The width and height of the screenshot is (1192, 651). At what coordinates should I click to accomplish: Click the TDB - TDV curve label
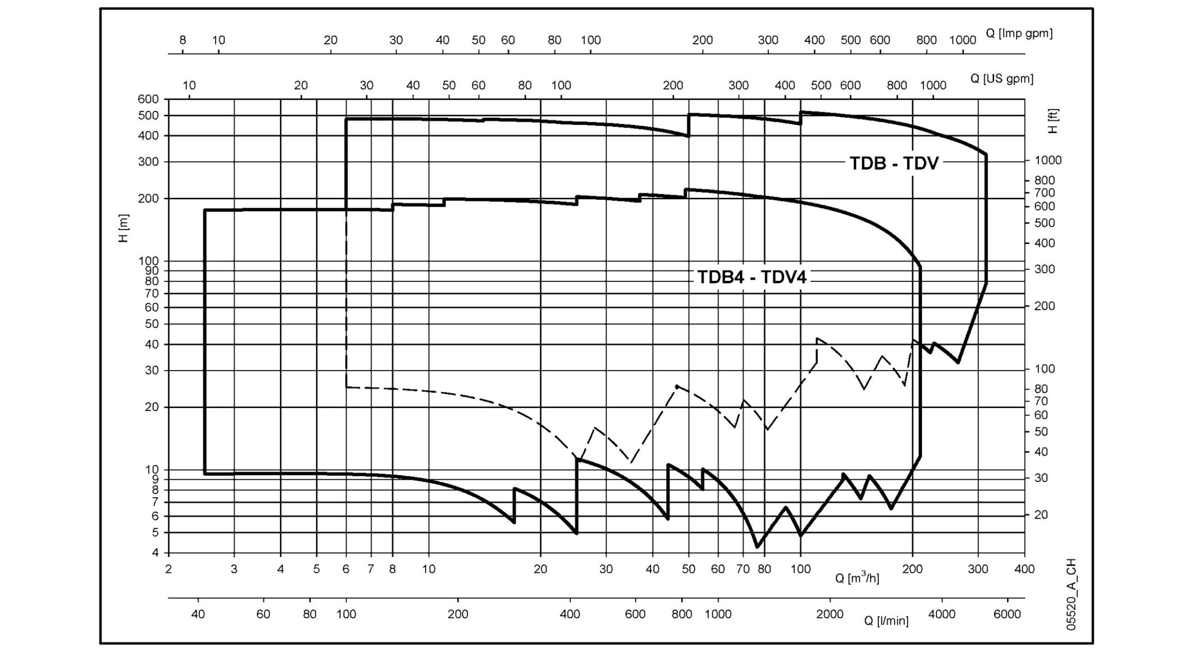click(x=894, y=163)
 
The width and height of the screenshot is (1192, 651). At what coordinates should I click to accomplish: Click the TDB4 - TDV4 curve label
click(x=752, y=277)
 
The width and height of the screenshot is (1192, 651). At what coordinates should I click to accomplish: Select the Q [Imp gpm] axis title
click(x=1019, y=33)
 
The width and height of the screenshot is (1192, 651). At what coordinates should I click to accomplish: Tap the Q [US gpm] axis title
click(x=1002, y=78)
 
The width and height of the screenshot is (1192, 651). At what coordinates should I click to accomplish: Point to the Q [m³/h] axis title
click(x=857, y=578)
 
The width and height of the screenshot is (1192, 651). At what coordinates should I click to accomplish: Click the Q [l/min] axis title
click(x=886, y=620)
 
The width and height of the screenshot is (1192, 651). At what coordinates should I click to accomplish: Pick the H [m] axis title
click(x=124, y=228)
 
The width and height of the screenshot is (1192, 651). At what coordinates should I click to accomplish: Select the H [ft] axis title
click(x=1053, y=121)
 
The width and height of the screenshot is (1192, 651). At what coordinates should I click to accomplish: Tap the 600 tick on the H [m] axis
click(x=149, y=99)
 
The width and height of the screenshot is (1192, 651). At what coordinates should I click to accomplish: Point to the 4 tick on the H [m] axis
click(x=154, y=553)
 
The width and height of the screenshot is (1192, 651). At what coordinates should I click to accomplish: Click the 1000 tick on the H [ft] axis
click(x=1045, y=160)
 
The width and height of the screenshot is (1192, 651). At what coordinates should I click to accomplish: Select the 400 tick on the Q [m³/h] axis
click(x=1024, y=569)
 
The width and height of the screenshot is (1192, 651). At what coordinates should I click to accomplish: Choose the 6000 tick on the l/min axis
click(x=1007, y=614)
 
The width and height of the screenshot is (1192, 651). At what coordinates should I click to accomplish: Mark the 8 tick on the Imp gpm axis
click(x=183, y=40)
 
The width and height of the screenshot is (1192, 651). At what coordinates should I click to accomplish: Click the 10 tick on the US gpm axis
click(x=189, y=85)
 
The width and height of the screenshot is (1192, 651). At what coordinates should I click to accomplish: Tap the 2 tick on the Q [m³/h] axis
click(x=169, y=569)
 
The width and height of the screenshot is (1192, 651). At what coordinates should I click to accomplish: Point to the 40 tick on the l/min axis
click(x=198, y=614)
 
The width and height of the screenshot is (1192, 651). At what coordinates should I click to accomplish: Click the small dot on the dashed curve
click(x=677, y=387)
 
